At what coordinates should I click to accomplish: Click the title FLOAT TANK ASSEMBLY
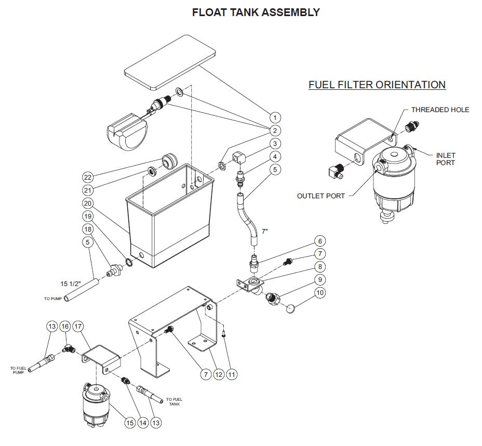tap(256, 12)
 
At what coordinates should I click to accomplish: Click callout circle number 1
tap(275, 117)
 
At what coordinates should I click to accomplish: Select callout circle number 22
tap(88, 178)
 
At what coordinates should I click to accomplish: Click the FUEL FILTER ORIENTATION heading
tap(377, 85)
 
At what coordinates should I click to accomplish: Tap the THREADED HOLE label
tap(440, 110)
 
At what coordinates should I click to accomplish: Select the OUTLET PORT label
tap(321, 196)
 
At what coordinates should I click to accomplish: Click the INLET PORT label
tap(445, 159)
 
